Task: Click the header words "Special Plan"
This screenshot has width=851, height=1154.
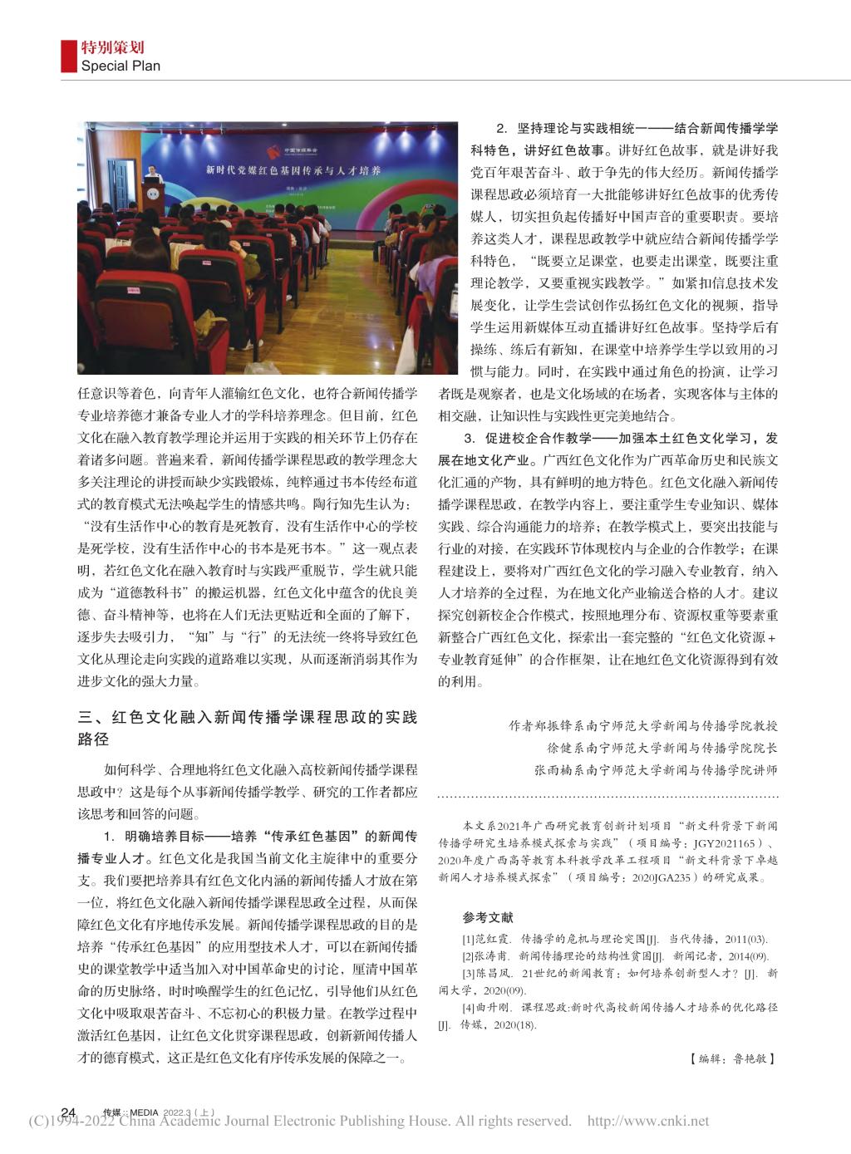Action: click(x=120, y=66)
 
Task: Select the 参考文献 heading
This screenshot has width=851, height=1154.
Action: click(x=488, y=918)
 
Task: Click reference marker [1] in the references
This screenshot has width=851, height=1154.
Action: click(x=469, y=939)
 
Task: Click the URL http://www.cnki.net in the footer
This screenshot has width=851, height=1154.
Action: click(x=648, y=1122)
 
